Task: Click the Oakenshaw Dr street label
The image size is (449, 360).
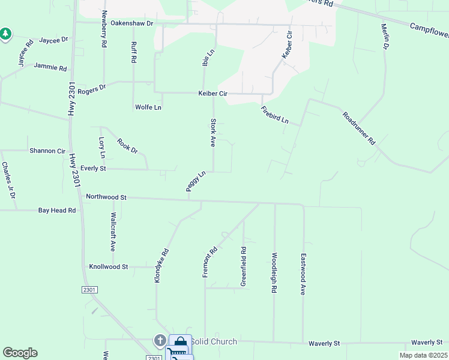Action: tap(133, 23)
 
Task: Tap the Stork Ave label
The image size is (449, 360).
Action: tap(212, 133)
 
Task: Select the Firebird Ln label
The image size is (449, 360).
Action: tap(275, 115)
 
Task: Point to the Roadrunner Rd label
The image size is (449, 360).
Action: tap(359, 128)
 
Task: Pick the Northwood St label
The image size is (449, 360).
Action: tap(106, 197)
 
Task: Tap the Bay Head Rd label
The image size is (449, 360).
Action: tap(57, 211)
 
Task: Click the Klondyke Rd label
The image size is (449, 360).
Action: tap(159, 266)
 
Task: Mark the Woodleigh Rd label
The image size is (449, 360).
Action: tap(274, 272)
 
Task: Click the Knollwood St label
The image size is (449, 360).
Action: tap(109, 266)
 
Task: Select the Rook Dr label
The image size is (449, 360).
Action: tap(127, 146)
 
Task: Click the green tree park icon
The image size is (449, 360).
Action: tap(5, 34)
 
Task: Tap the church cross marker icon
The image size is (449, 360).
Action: tap(160, 341)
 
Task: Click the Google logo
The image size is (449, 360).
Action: tap(20, 353)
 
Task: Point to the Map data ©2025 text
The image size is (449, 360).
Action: tap(424, 355)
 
